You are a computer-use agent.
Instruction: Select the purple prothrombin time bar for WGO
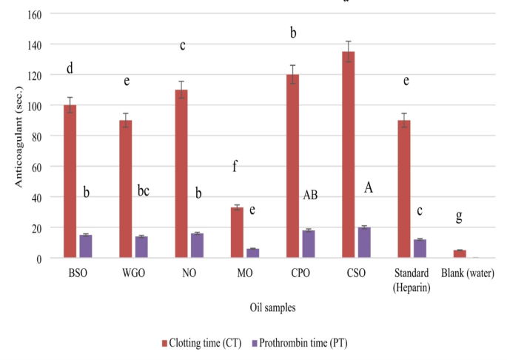point(141,247)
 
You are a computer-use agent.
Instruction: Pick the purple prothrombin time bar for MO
point(252,253)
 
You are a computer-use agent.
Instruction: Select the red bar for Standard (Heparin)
point(403,189)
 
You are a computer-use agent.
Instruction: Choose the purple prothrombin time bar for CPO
point(308,244)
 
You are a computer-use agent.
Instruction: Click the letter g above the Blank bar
point(459,217)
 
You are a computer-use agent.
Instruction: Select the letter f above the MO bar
point(235,167)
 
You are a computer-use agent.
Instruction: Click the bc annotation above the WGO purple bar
point(144,191)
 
